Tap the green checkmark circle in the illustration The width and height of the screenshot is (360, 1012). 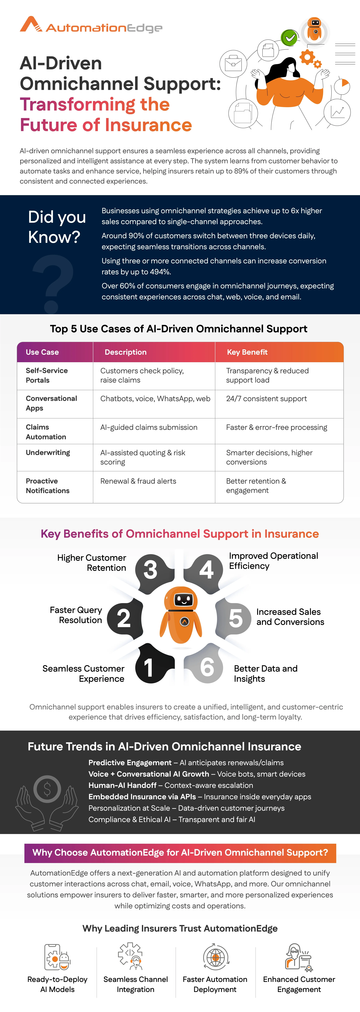(290, 38)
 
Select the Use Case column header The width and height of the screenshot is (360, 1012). (42, 352)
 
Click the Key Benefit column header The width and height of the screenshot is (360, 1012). (247, 352)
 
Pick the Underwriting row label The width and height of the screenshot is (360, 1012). (48, 453)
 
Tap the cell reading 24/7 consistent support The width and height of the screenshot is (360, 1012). (266, 399)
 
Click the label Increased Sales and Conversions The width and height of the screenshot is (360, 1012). (290, 617)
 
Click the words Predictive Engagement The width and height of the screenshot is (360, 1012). (130, 763)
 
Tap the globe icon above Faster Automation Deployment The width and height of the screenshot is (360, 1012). (215, 957)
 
